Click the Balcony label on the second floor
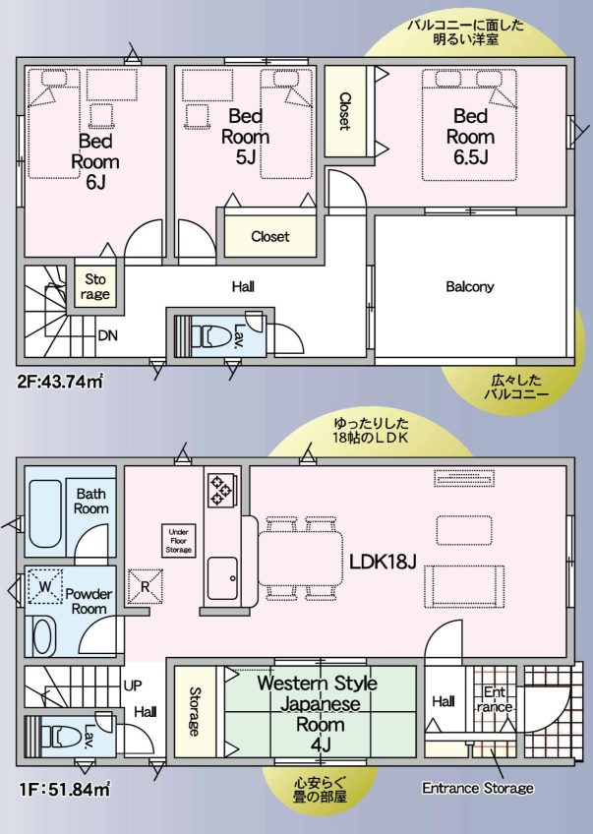click(470, 287)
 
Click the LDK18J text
click(384, 561)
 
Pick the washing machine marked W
click(43, 587)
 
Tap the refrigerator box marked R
click(146, 588)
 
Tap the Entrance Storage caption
click(478, 788)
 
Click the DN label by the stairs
click(108, 334)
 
